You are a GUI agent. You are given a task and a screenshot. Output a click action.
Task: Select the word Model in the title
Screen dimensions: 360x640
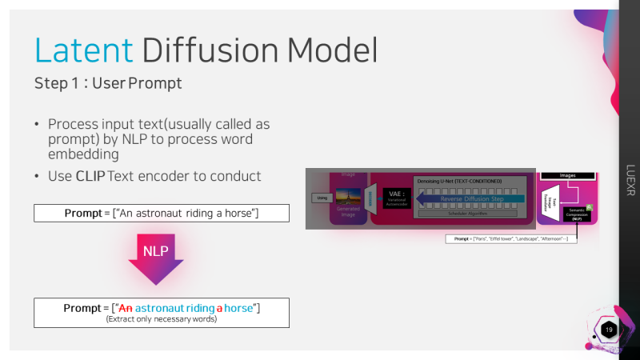[331, 50]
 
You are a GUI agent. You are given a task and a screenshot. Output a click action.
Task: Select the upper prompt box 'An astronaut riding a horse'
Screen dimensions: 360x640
[161, 214]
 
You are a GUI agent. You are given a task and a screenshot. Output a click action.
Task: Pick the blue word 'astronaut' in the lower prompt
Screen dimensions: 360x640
[163, 308]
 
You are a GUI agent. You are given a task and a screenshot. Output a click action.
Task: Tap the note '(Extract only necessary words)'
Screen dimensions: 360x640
[161, 318]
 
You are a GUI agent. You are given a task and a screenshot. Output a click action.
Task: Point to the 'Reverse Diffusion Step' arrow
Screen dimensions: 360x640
[470, 198]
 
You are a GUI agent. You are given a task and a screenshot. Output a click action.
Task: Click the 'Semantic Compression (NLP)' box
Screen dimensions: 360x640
[576, 213]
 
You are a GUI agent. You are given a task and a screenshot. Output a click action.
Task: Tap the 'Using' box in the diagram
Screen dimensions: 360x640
[322, 197]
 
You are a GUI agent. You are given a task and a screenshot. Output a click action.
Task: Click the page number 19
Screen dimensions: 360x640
[610, 330]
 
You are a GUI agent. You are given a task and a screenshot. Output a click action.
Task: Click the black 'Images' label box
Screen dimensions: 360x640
[567, 175]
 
